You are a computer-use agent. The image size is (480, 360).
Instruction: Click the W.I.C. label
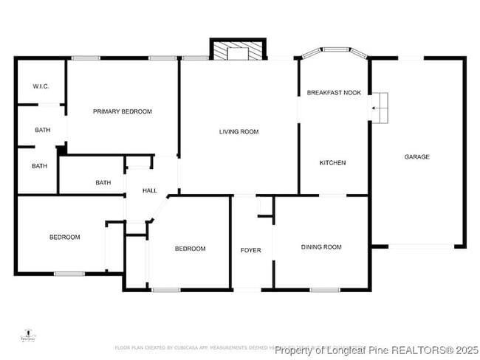pos(41,87)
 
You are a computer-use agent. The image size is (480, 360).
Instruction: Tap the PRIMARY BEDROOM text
pos(122,111)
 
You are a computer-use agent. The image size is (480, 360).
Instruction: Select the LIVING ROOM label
pos(239,132)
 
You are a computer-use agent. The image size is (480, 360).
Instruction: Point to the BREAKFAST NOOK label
pos(334,93)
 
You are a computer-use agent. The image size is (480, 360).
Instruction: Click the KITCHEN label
pos(332,163)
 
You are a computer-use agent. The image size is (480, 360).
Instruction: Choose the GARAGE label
pos(416,156)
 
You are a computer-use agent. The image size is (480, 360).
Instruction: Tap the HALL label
pos(150,191)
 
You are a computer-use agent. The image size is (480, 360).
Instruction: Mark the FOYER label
pos(251,250)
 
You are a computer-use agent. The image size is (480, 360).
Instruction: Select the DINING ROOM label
pos(321,247)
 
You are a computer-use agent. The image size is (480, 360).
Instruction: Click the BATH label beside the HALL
pos(103,183)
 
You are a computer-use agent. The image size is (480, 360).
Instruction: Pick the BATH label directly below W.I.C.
pos(43,131)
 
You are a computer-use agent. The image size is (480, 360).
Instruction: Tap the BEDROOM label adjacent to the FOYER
pos(190,249)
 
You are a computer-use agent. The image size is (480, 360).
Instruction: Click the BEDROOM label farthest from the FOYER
pos(65,237)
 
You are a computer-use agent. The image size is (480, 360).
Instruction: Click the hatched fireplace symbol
pos(237,50)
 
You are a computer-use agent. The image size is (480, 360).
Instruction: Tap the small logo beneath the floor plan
pos(28,336)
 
